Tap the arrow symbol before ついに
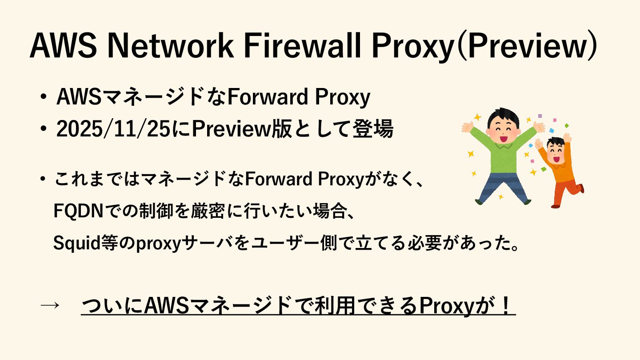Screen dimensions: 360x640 coord(50,305)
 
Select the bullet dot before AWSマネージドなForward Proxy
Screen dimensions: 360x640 coord(43,97)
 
